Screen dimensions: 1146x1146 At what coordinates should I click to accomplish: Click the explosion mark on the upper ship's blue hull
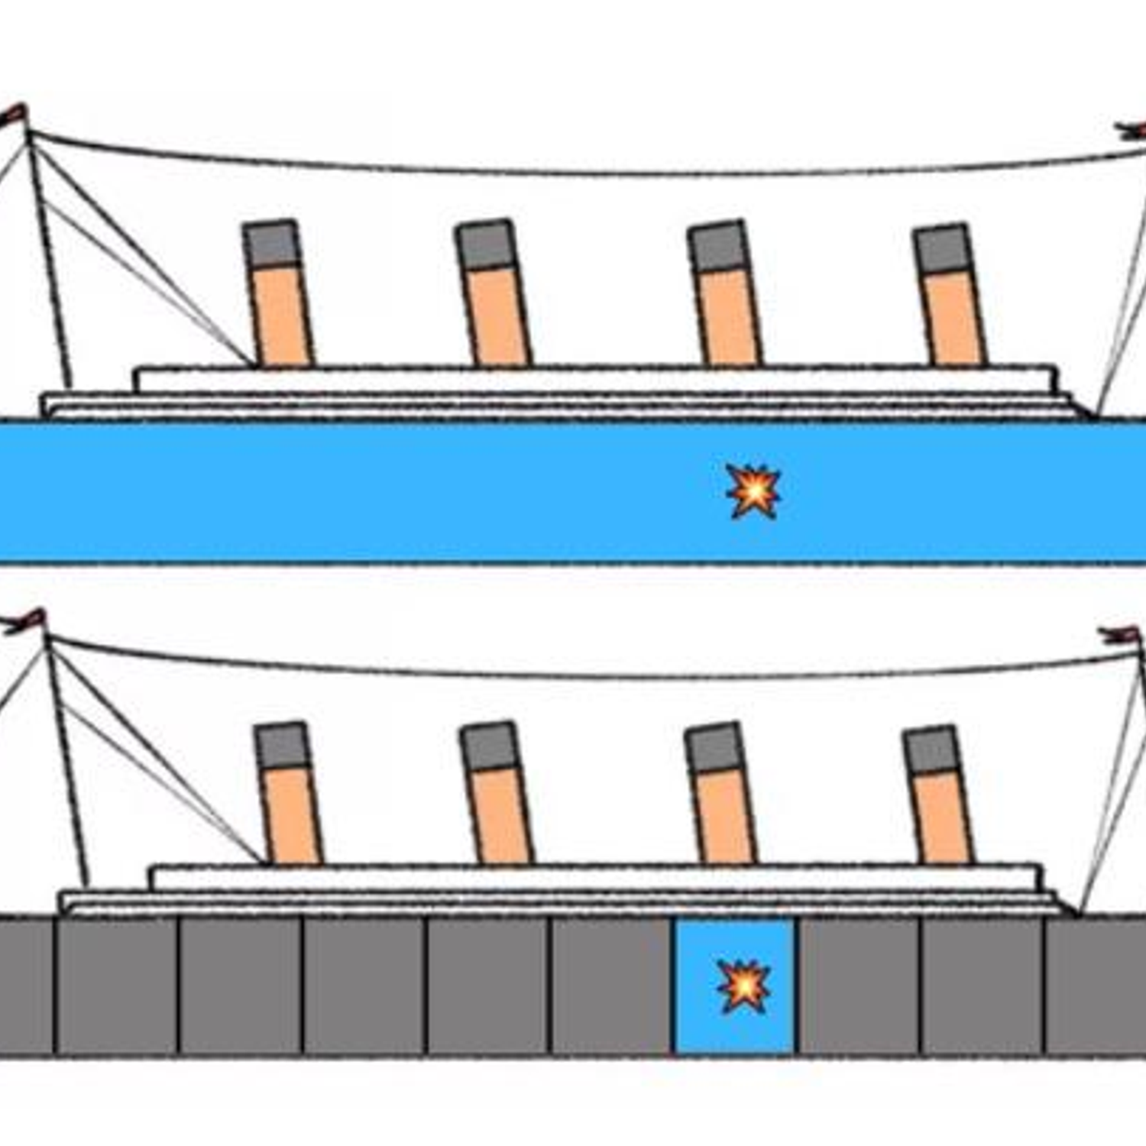pyautogui.click(x=753, y=490)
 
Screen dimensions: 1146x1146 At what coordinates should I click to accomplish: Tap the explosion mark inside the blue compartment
pyautogui.click(x=744, y=986)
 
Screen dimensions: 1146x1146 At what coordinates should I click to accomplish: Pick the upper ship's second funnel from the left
pyautogui.click(x=493, y=294)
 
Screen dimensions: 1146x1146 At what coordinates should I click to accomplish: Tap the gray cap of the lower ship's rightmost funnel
pyautogui.click(x=931, y=749)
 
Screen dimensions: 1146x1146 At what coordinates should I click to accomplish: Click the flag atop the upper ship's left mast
pyautogui.click(x=14, y=115)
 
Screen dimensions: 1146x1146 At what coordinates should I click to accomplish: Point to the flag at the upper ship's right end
pyautogui.click(x=1131, y=131)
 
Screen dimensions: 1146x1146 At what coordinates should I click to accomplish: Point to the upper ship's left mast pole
pyautogui.click(x=49, y=260)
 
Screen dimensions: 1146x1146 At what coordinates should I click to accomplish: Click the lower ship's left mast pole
pyautogui.click(x=67, y=764)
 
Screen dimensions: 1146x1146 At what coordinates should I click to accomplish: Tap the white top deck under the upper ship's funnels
pyautogui.click(x=596, y=379)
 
